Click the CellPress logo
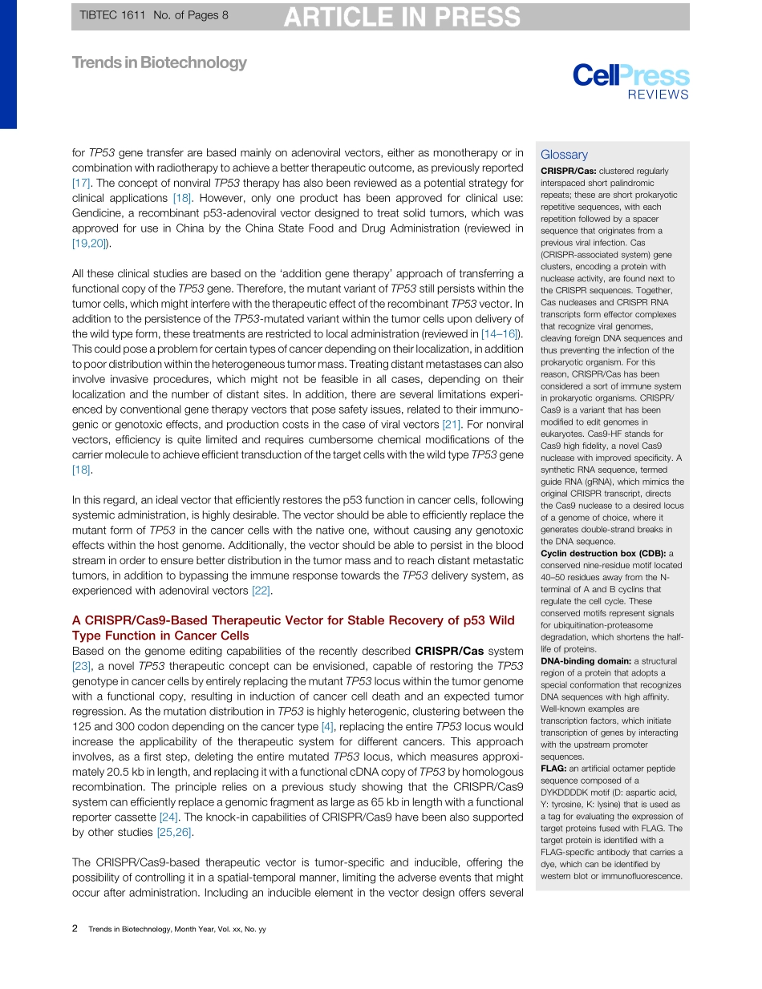(x=630, y=76)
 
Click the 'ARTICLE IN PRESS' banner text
(x=401, y=17)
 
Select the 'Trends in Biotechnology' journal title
(x=160, y=63)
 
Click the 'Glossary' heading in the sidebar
(x=564, y=155)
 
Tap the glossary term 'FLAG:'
(x=553, y=769)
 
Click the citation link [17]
(x=82, y=184)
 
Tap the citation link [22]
(x=261, y=591)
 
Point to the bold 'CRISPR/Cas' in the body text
(x=448, y=651)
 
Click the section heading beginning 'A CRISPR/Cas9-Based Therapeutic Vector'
(x=293, y=628)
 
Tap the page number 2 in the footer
(x=75, y=928)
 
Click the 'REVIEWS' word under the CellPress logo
(x=658, y=95)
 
